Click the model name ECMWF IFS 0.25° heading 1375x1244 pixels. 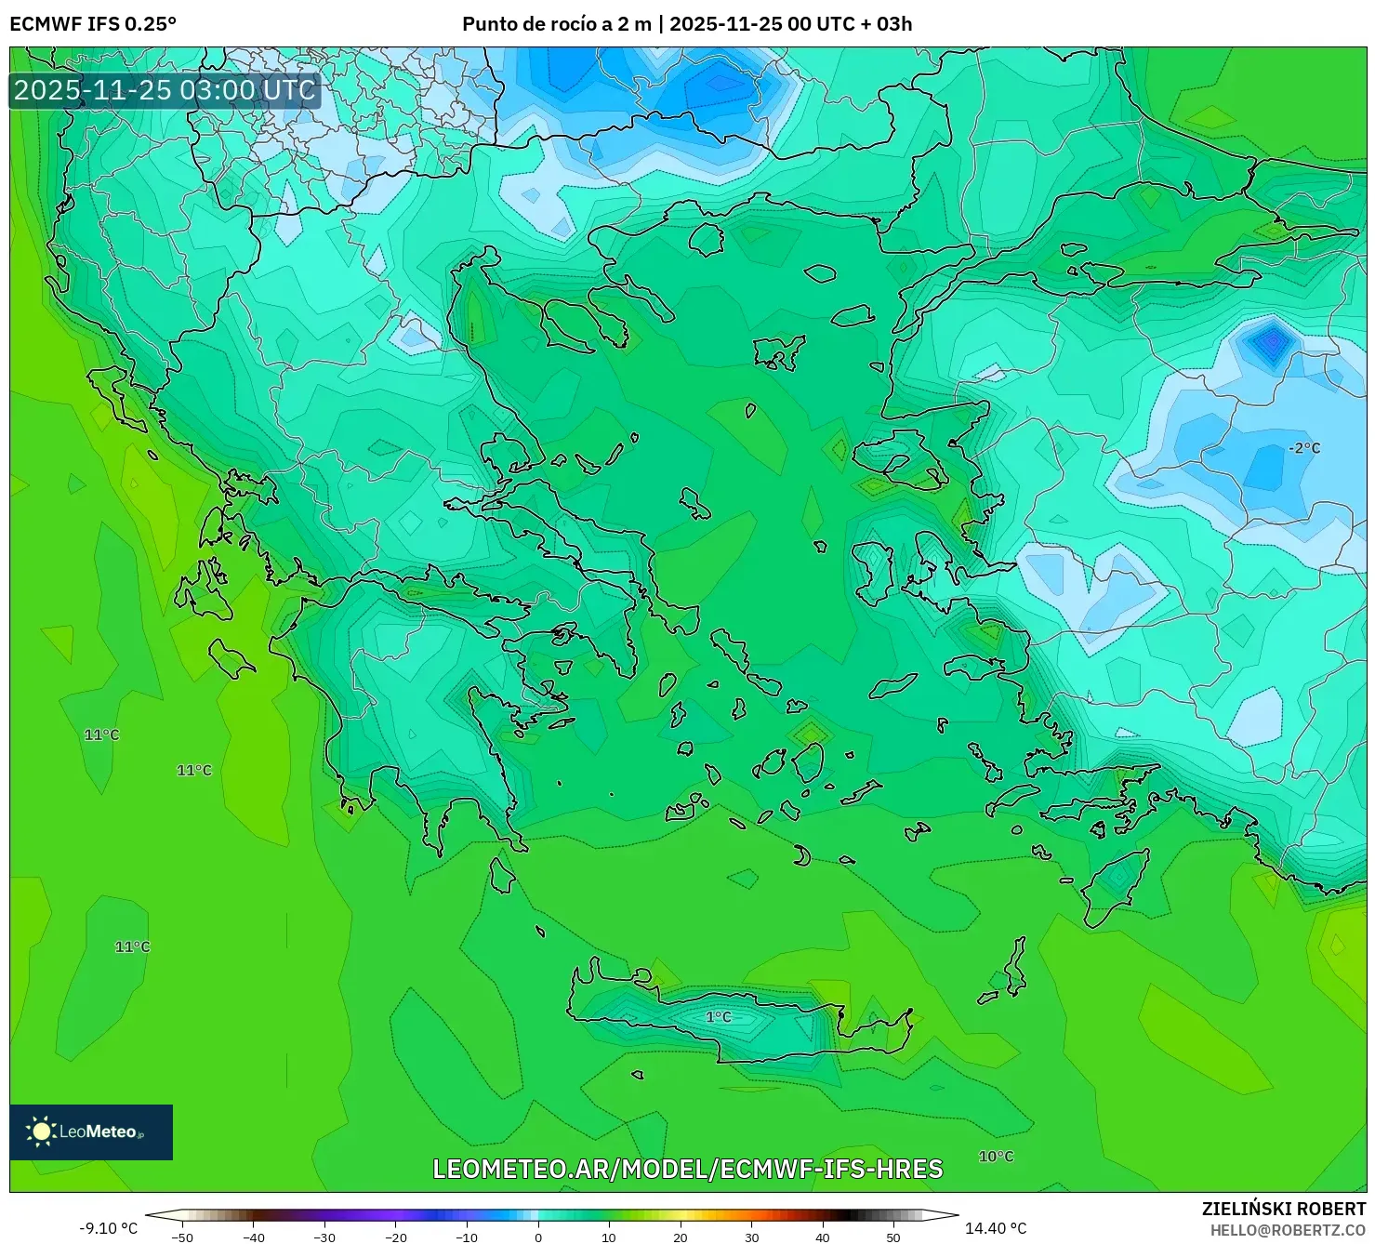point(93,24)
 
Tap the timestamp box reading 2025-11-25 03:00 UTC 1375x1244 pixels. point(165,91)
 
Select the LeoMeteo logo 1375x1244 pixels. point(91,1132)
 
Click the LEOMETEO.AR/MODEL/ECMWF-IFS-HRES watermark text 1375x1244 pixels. point(688,1169)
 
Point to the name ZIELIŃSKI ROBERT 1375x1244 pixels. point(1284,1209)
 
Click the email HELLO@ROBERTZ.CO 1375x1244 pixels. point(1288,1230)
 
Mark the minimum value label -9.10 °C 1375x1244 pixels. point(108,1228)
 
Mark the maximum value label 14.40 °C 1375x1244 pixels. point(996,1228)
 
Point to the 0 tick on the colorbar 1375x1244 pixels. point(538,1237)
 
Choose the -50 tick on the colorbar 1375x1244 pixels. point(182,1237)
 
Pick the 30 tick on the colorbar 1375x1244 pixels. point(751,1237)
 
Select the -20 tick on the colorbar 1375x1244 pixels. point(396,1237)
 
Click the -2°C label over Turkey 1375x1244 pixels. point(1303,448)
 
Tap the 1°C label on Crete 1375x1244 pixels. point(718,1017)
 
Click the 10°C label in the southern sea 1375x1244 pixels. point(996,1157)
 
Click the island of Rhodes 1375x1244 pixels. point(1115,888)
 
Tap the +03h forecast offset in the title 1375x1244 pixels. point(893,24)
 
